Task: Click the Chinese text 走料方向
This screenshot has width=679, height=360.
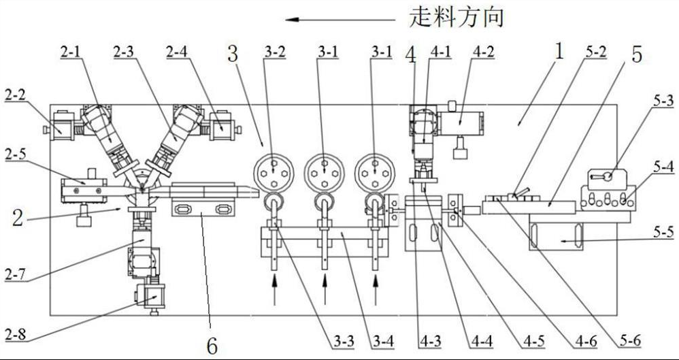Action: pos(457,17)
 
